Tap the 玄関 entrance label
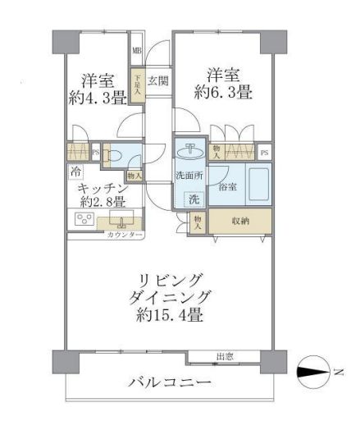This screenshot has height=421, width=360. [x=158, y=80]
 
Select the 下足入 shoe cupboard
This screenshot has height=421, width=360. [x=139, y=84]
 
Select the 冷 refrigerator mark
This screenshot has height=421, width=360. [x=75, y=173]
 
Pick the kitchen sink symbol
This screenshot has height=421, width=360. [x=125, y=220]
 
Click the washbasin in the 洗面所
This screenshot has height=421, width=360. [x=189, y=151]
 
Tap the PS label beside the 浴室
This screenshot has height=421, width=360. [x=264, y=153]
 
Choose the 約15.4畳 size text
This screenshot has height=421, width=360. [x=171, y=313]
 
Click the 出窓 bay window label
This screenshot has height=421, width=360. [x=223, y=356]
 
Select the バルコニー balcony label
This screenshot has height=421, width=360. [x=169, y=384]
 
